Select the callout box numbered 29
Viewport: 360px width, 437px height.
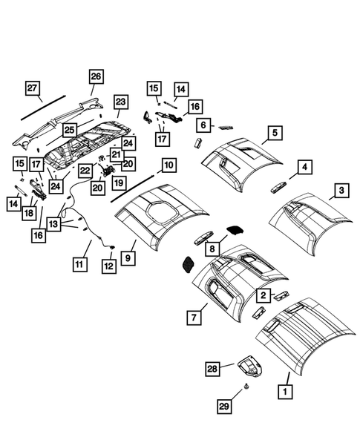[224, 406]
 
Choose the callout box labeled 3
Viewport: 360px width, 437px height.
[340, 191]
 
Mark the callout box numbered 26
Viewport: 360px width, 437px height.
[96, 76]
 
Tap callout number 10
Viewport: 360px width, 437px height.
[168, 164]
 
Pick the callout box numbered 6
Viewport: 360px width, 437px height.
[202, 125]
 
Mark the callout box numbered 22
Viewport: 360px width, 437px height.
[85, 171]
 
